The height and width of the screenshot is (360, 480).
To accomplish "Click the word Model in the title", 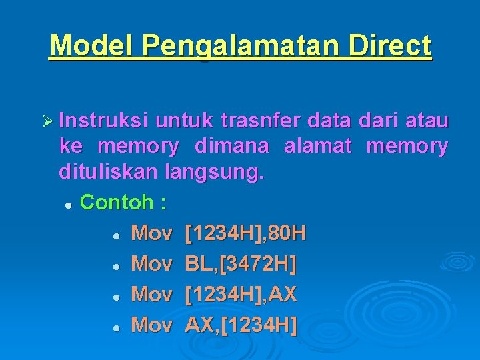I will [x=91, y=46].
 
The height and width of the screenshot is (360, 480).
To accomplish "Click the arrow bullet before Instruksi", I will [x=49, y=121].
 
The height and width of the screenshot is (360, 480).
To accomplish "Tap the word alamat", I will [x=317, y=147].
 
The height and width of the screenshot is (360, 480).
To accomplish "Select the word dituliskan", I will [x=106, y=172].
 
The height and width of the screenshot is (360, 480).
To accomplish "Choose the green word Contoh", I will [x=117, y=202].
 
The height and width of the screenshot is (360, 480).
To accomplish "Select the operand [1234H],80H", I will [x=245, y=233].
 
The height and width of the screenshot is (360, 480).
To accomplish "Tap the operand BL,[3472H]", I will [x=241, y=264].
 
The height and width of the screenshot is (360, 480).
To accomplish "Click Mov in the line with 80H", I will [x=151, y=233].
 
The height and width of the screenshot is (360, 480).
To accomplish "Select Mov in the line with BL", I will [x=151, y=264].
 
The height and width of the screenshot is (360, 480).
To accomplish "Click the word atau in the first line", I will [x=427, y=121].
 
